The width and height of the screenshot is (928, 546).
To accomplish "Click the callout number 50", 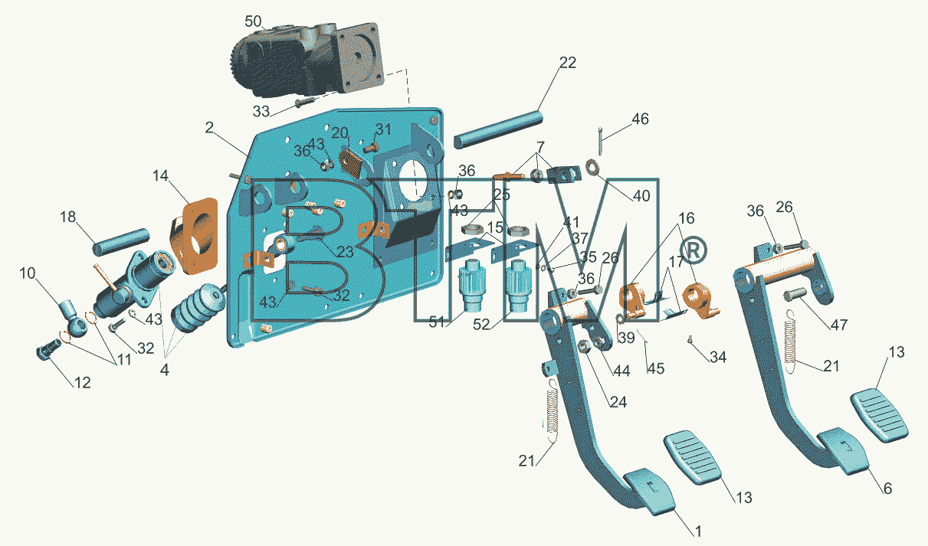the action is (253, 21).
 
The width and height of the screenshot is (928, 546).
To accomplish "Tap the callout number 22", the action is (568, 63).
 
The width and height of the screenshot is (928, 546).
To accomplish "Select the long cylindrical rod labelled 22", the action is (498, 129).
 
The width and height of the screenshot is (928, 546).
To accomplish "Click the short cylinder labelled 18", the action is (121, 242).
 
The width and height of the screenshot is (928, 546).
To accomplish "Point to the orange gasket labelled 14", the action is (194, 236).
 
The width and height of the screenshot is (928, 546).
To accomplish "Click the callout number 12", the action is (82, 382).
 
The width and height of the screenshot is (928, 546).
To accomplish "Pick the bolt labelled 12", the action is (48, 349).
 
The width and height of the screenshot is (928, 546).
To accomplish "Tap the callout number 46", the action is (640, 119).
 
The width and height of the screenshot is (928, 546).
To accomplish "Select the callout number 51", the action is (437, 322).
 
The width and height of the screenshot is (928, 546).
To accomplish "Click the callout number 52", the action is (481, 325).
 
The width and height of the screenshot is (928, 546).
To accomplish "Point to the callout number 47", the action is (839, 325).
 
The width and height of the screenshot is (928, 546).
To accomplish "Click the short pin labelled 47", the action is (795, 294).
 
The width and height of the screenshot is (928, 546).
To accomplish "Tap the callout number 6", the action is (887, 489).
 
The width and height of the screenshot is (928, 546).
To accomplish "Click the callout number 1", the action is (698, 531).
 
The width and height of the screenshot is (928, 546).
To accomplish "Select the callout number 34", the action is (718, 357).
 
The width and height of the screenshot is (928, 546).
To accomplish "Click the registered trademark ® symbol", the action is (694, 250).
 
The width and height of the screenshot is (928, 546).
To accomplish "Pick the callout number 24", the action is (618, 401).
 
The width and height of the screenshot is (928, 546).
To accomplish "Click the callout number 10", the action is (28, 273).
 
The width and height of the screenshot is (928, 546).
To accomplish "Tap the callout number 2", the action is (209, 127).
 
